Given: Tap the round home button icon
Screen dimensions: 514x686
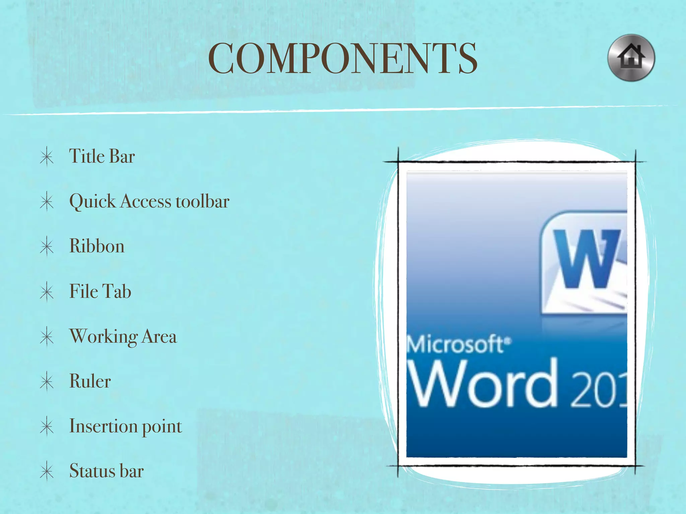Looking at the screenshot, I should click(x=631, y=58).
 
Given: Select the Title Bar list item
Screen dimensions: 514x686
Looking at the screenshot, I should click(x=102, y=156).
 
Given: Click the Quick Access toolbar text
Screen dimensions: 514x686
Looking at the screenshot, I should click(x=149, y=201).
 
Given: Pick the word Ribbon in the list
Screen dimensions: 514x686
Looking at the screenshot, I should click(x=97, y=246).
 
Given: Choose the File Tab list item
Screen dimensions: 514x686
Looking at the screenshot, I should click(x=100, y=291).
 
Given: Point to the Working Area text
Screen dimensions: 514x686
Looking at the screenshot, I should click(x=123, y=336).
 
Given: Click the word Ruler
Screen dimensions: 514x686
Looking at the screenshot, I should click(x=90, y=381).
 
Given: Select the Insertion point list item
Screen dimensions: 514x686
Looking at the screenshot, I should click(x=126, y=426).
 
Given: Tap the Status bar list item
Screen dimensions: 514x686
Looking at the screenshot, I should click(x=107, y=471).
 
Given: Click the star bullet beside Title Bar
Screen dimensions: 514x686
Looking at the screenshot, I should click(x=47, y=157).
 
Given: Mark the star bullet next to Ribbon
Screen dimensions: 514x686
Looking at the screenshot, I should click(x=47, y=247).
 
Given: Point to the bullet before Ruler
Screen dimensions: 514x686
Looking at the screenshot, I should click(x=47, y=381).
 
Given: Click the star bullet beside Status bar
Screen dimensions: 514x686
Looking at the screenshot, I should click(x=47, y=472).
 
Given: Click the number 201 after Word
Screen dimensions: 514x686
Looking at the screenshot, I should click(x=598, y=390).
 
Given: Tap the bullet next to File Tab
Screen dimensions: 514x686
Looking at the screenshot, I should click(x=47, y=292).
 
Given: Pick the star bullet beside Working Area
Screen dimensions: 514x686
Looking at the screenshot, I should click(x=47, y=337).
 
